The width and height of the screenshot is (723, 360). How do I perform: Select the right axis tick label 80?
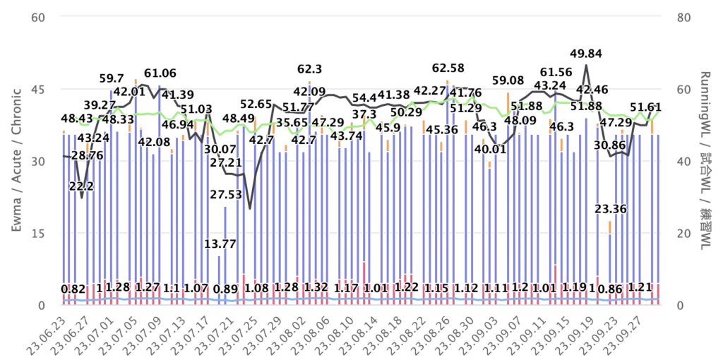[x=683, y=17]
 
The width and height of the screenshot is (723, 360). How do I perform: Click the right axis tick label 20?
[x=683, y=233]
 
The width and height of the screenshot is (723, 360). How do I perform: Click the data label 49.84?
[x=585, y=54]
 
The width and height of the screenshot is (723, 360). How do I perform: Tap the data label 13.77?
[x=220, y=244]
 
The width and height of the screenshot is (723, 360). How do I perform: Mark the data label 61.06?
[x=160, y=73]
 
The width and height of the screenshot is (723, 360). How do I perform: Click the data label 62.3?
[x=309, y=69]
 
